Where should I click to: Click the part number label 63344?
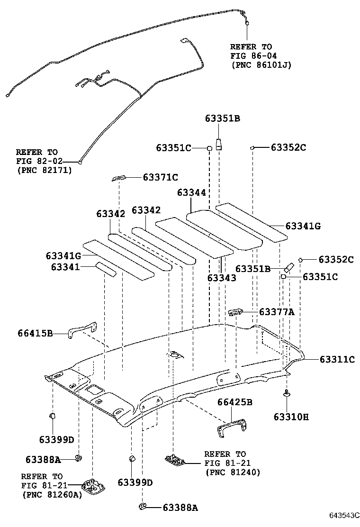pyautogui.click(x=191, y=193)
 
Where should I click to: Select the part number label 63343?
pyautogui.click(x=221, y=278)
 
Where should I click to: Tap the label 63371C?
pyautogui.click(x=160, y=177)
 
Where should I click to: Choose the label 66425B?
pyautogui.click(x=234, y=402)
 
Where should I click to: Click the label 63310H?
pyautogui.click(x=291, y=417)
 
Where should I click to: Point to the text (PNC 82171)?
pyautogui.click(x=44, y=169)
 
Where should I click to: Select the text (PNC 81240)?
pyautogui.click(x=233, y=472)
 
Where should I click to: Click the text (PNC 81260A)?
pyautogui.click(x=51, y=494)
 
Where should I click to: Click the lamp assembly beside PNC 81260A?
pyautogui.click(x=93, y=484)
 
